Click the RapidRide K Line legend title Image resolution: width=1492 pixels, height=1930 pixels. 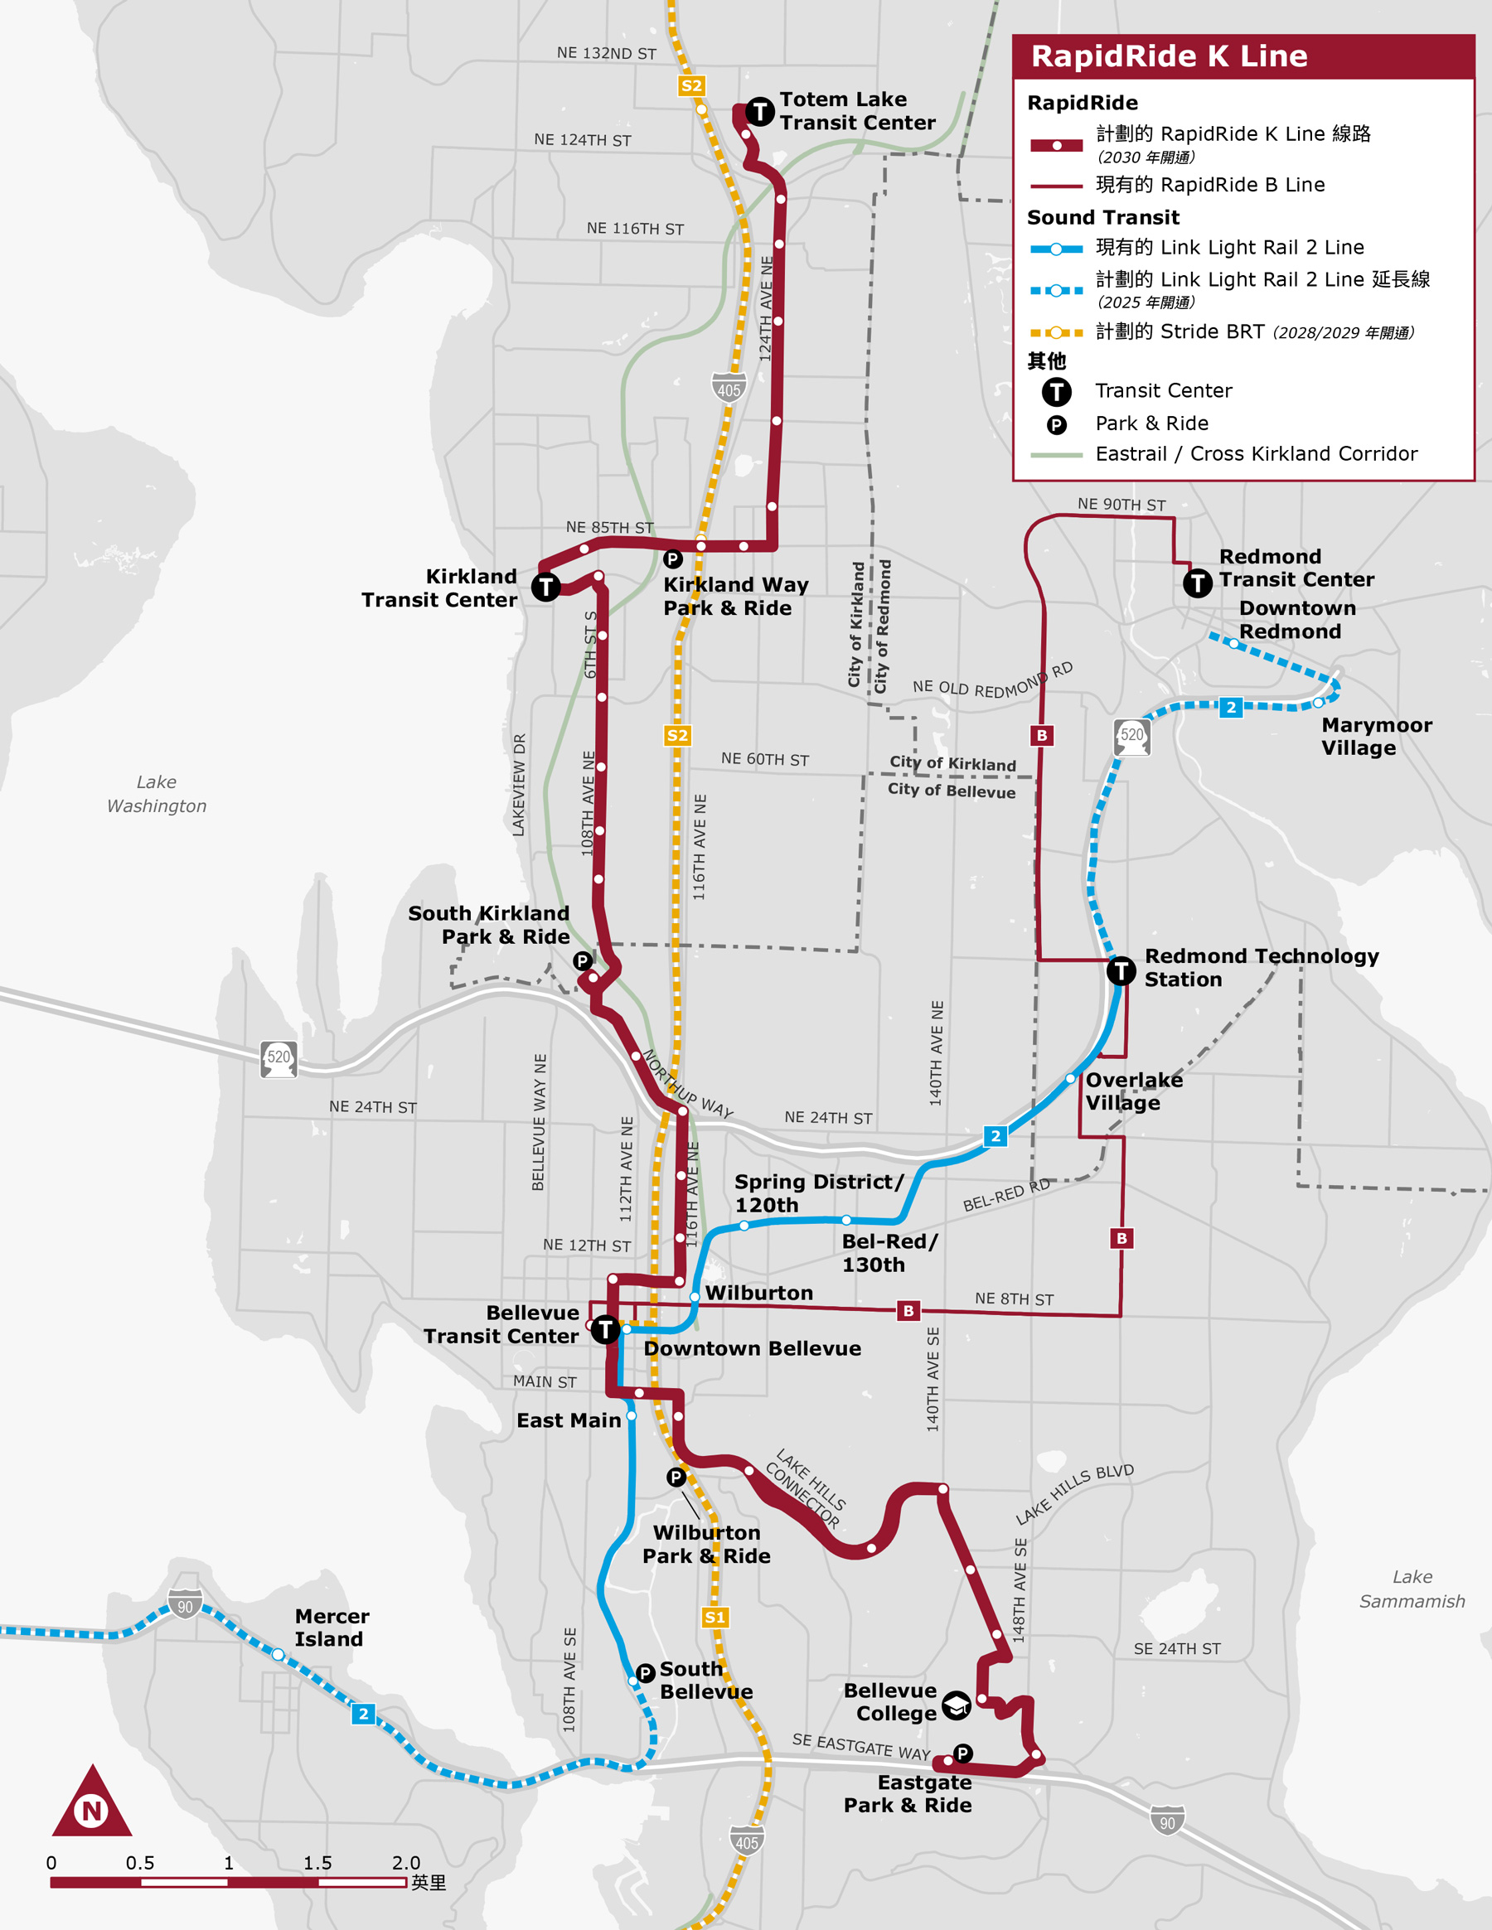[x=1169, y=56]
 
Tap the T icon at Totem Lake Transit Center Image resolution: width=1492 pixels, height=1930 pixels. [x=759, y=111]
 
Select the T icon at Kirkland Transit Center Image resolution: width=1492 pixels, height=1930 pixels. [x=545, y=586]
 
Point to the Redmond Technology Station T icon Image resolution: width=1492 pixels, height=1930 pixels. [x=1121, y=971]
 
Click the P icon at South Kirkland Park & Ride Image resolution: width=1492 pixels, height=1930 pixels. [x=582, y=960]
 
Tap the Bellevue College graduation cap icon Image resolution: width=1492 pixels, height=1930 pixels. [x=957, y=1705]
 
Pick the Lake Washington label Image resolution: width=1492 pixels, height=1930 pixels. [x=157, y=794]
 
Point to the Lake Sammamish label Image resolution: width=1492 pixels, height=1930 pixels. [x=1412, y=1589]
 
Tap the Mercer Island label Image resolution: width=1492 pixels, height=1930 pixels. [x=332, y=1627]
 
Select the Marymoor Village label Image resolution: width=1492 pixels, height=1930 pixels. [x=1376, y=736]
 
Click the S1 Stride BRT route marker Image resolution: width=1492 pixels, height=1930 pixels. [x=715, y=1617]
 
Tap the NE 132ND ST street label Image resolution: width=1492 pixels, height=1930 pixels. [x=607, y=53]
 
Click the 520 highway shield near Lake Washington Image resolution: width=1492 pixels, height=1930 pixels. [x=279, y=1057]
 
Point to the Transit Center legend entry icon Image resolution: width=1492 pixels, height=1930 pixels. [x=1056, y=391]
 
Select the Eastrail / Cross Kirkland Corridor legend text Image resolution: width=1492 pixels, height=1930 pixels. [x=1255, y=453]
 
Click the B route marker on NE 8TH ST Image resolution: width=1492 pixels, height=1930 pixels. [x=908, y=1310]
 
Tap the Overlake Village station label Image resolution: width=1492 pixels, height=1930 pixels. [x=1133, y=1091]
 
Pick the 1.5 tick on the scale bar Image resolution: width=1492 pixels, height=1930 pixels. [x=317, y=1863]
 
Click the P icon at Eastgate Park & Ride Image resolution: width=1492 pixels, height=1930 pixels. [x=962, y=1753]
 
